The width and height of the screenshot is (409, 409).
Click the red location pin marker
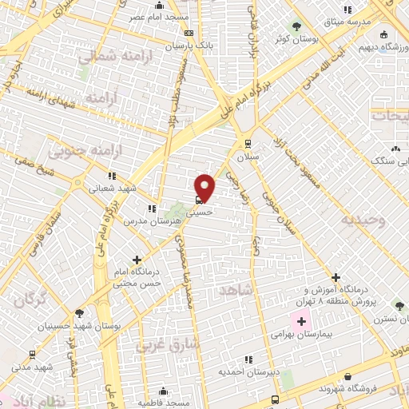point(205,187)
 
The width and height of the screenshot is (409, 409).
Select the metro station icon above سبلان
point(248,144)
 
